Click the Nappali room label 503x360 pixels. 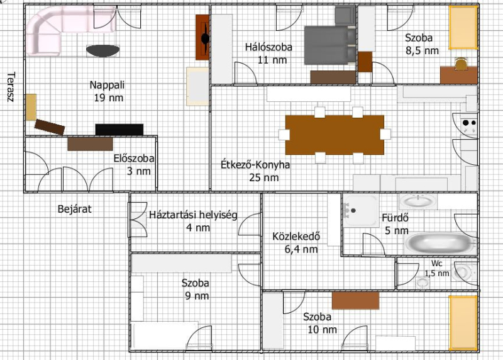tap(107, 85)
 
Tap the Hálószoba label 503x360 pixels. tap(269, 47)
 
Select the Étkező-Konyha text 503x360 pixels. tap(255, 165)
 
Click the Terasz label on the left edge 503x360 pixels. tap(11, 87)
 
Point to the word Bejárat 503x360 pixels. tap(74, 209)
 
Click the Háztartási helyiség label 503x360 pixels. tap(193, 215)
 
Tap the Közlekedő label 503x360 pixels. tap(296, 237)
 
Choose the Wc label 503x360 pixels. tap(437, 263)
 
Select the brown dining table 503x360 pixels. tap(334, 135)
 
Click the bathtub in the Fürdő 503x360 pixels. tap(439, 244)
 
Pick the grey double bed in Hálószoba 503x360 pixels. tap(330, 45)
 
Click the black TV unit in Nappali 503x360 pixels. tap(119, 130)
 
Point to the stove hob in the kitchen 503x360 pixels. tap(468, 127)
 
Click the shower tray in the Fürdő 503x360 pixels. tap(361, 211)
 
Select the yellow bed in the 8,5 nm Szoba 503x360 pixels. tap(463, 28)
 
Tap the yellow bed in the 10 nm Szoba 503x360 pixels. tap(463, 323)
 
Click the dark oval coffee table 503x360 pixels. tap(103, 51)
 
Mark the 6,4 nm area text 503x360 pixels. tap(301, 249)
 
